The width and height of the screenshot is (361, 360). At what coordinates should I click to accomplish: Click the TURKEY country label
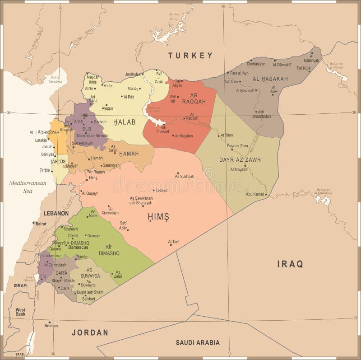(190, 56)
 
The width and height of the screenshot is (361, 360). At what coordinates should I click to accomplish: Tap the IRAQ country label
(290, 264)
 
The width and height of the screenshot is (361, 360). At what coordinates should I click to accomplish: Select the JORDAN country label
(90, 332)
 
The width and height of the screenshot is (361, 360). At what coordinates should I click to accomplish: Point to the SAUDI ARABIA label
(198, 342)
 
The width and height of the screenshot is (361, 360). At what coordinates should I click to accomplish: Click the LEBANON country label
(56, 213)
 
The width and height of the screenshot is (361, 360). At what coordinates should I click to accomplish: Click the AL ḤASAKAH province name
(270, 79)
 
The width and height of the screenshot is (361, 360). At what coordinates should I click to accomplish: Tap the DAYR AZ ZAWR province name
(240, 159)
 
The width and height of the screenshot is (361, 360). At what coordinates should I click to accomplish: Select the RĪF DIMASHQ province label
(109, 250)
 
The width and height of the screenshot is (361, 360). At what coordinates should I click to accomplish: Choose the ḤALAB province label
(121, 122)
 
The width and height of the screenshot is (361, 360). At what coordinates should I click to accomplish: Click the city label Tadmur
(161, 190)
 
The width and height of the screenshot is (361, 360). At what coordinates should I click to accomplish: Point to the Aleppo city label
(107, 108)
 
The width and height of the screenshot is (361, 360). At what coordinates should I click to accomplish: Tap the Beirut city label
(41, 224)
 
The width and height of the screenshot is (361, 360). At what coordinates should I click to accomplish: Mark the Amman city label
(51, 325)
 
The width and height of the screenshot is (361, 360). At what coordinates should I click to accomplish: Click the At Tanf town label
(174, 242)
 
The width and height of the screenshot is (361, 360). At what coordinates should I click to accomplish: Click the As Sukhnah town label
(185, 176)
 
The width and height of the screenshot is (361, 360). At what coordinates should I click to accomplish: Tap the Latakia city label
(41, 140)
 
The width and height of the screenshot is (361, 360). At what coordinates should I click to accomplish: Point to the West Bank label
(20, 312)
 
